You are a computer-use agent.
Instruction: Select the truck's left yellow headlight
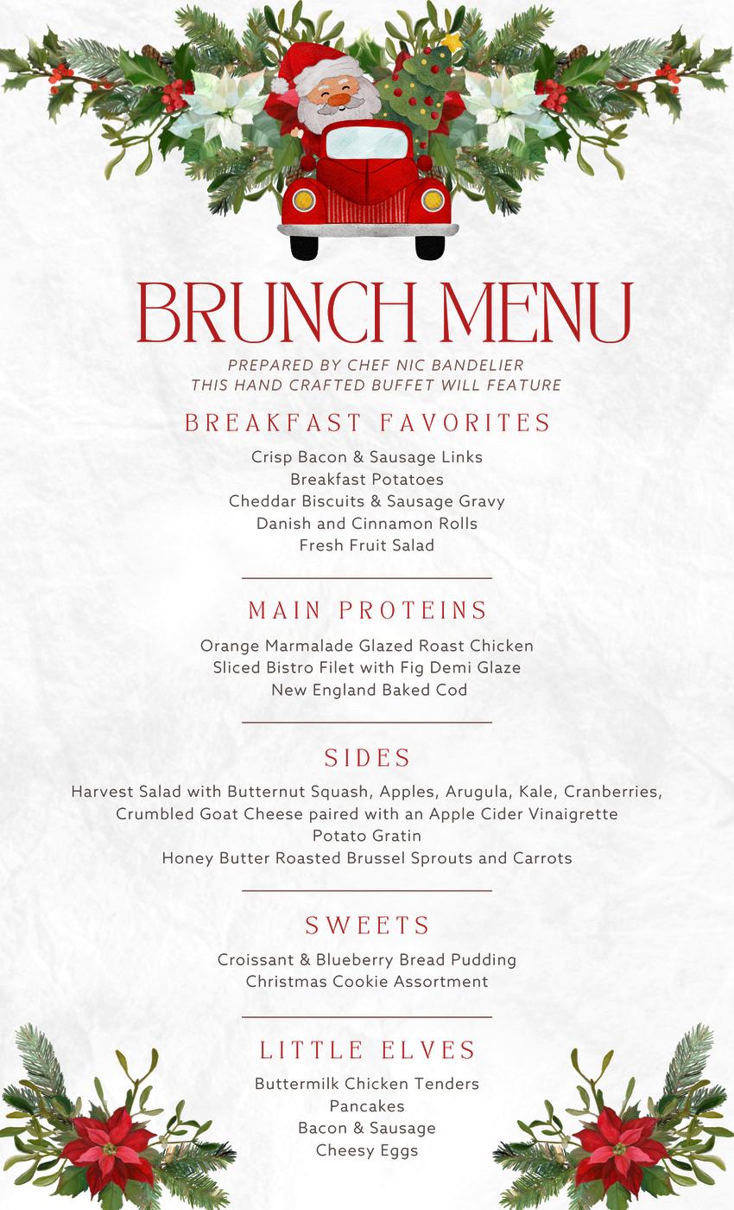(303, 201)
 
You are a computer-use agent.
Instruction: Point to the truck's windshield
(367, 142)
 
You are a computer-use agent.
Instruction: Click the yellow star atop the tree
(450, 41)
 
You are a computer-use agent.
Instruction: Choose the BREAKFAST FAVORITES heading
(367, 423)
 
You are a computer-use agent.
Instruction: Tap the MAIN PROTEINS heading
(367, 610)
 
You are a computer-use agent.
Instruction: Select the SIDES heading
(367, 758)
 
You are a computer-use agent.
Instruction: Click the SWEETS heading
(367, 926)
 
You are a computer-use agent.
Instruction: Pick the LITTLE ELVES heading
(367, 1050)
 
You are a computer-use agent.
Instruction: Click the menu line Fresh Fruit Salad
(367, 545)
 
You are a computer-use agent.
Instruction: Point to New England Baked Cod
(369, 690)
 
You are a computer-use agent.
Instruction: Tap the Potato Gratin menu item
(367, 836)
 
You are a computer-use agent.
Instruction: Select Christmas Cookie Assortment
(367, 982)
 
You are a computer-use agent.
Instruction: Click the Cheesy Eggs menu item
(367, 1150)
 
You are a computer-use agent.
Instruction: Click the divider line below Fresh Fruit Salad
(367, 577)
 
